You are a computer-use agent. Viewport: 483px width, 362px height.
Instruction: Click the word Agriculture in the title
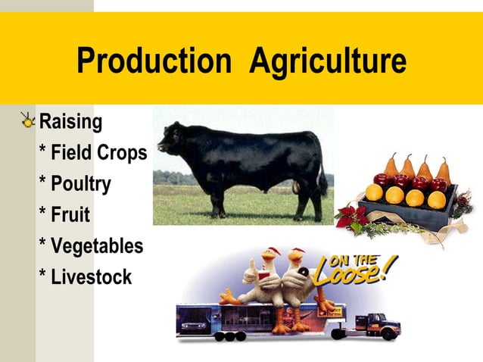point(327,61)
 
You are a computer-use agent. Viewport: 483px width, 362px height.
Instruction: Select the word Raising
point(70,121)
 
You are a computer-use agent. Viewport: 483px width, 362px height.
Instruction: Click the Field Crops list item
point(92,152)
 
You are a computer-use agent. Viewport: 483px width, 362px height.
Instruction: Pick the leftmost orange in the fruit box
point(374,192)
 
